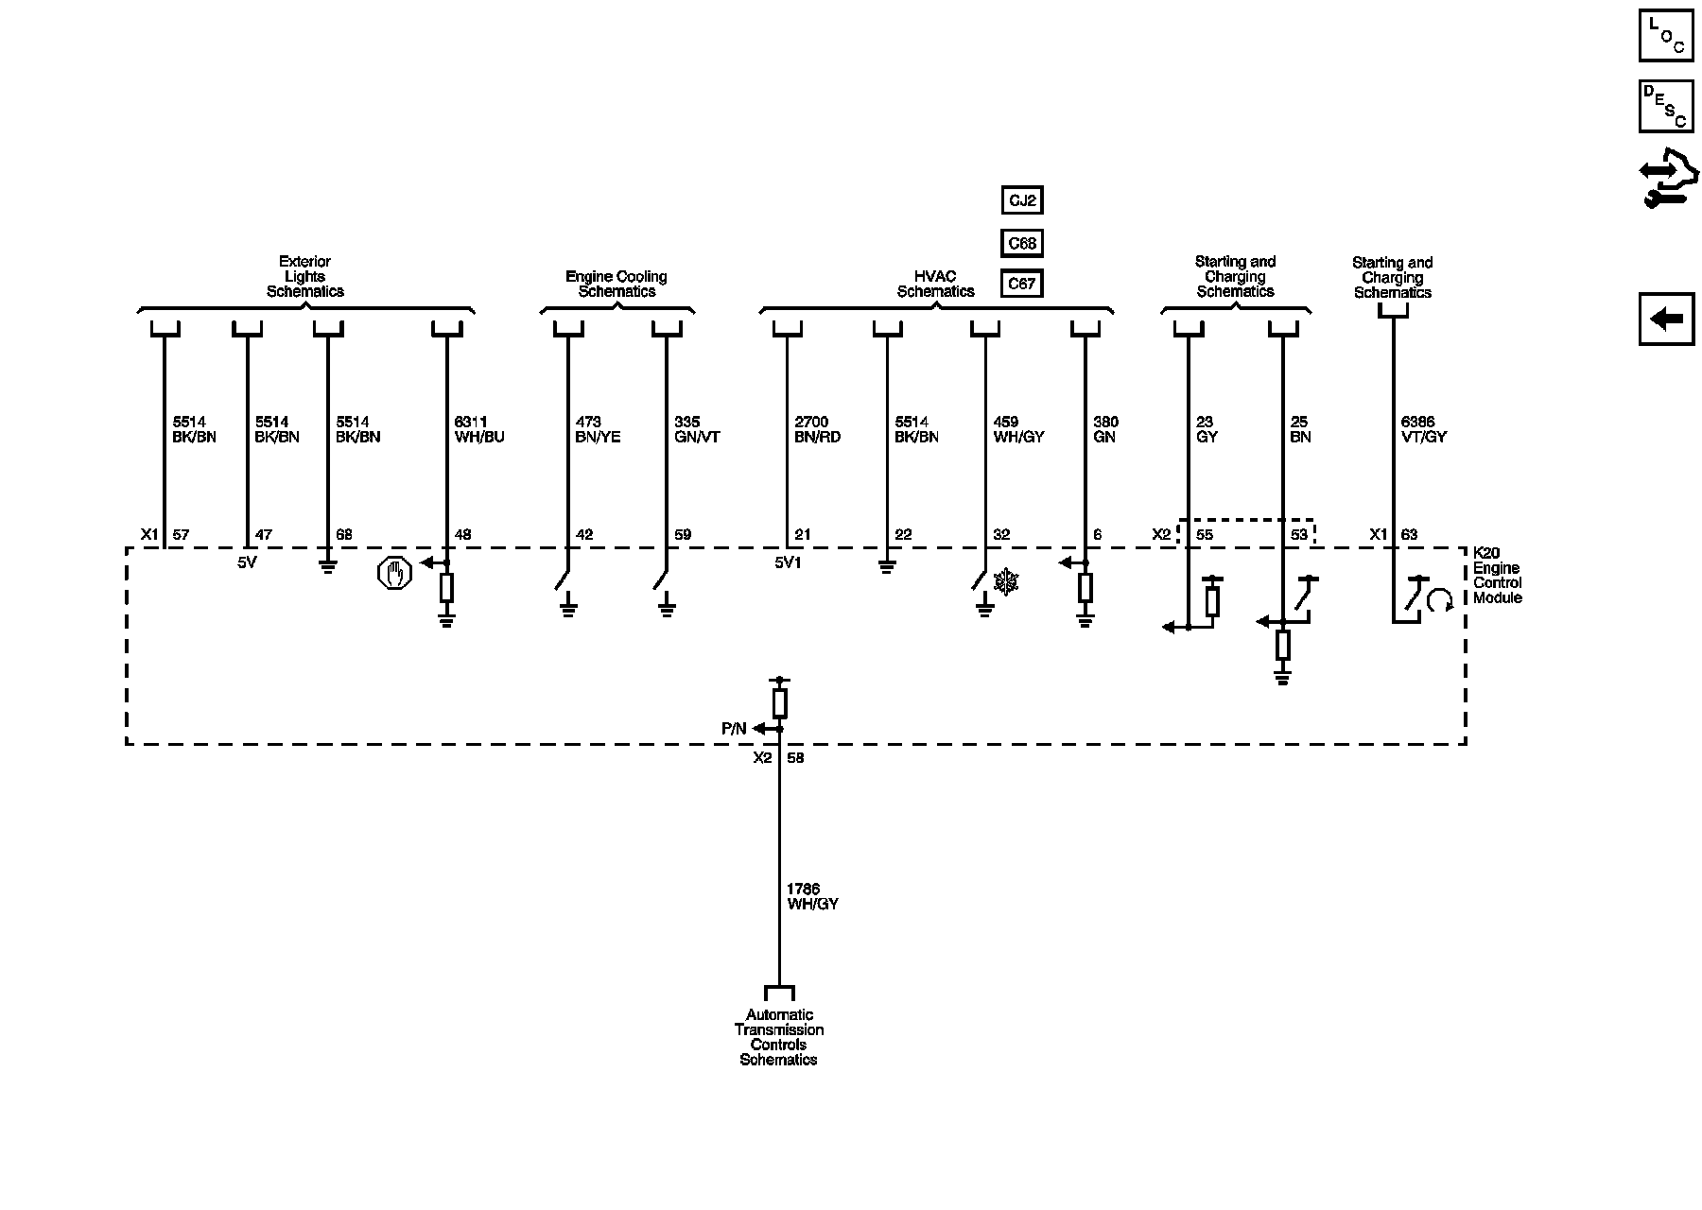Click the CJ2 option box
pyautogui.click(x=1022, y=200)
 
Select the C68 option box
pyautogui.click(x=1022, y=243)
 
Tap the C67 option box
pyautogui.click(x=1022, y=284)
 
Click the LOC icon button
pyautogui.click(x=1666, y=36)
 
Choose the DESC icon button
pyautogui.click(x=1666, y=106)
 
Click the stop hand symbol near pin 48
pyautogui.click(x=394, y=573)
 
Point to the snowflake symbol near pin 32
pyautogui.click(x=1008, y=582)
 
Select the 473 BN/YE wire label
pyautogui.click(x=598, y=429)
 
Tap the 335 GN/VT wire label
pyautogui.click(x=697, y=429)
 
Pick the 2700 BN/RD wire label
pyautogui.click(x=817, y=429)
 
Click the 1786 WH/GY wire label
pyautogui.click(x=812, y=896)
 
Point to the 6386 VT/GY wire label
pyautogui.click(x=1423, y=429)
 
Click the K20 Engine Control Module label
pyautogui.click(x=1498, y=576)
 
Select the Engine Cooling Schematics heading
pyautogui.click(x=617, y=284)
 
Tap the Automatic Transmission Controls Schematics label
pyautogui.click(x=778, y=1037)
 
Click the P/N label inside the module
pyautogui.click(x=734, y=729)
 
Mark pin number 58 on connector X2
pyautogui.click(x=795, y=758)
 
